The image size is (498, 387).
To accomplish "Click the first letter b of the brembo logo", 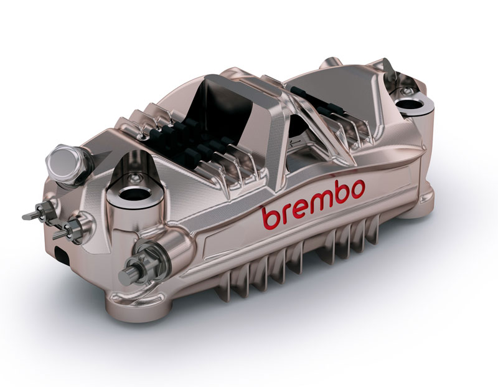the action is (x=271, y=218).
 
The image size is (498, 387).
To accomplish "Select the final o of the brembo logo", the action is (x=356, y=189).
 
